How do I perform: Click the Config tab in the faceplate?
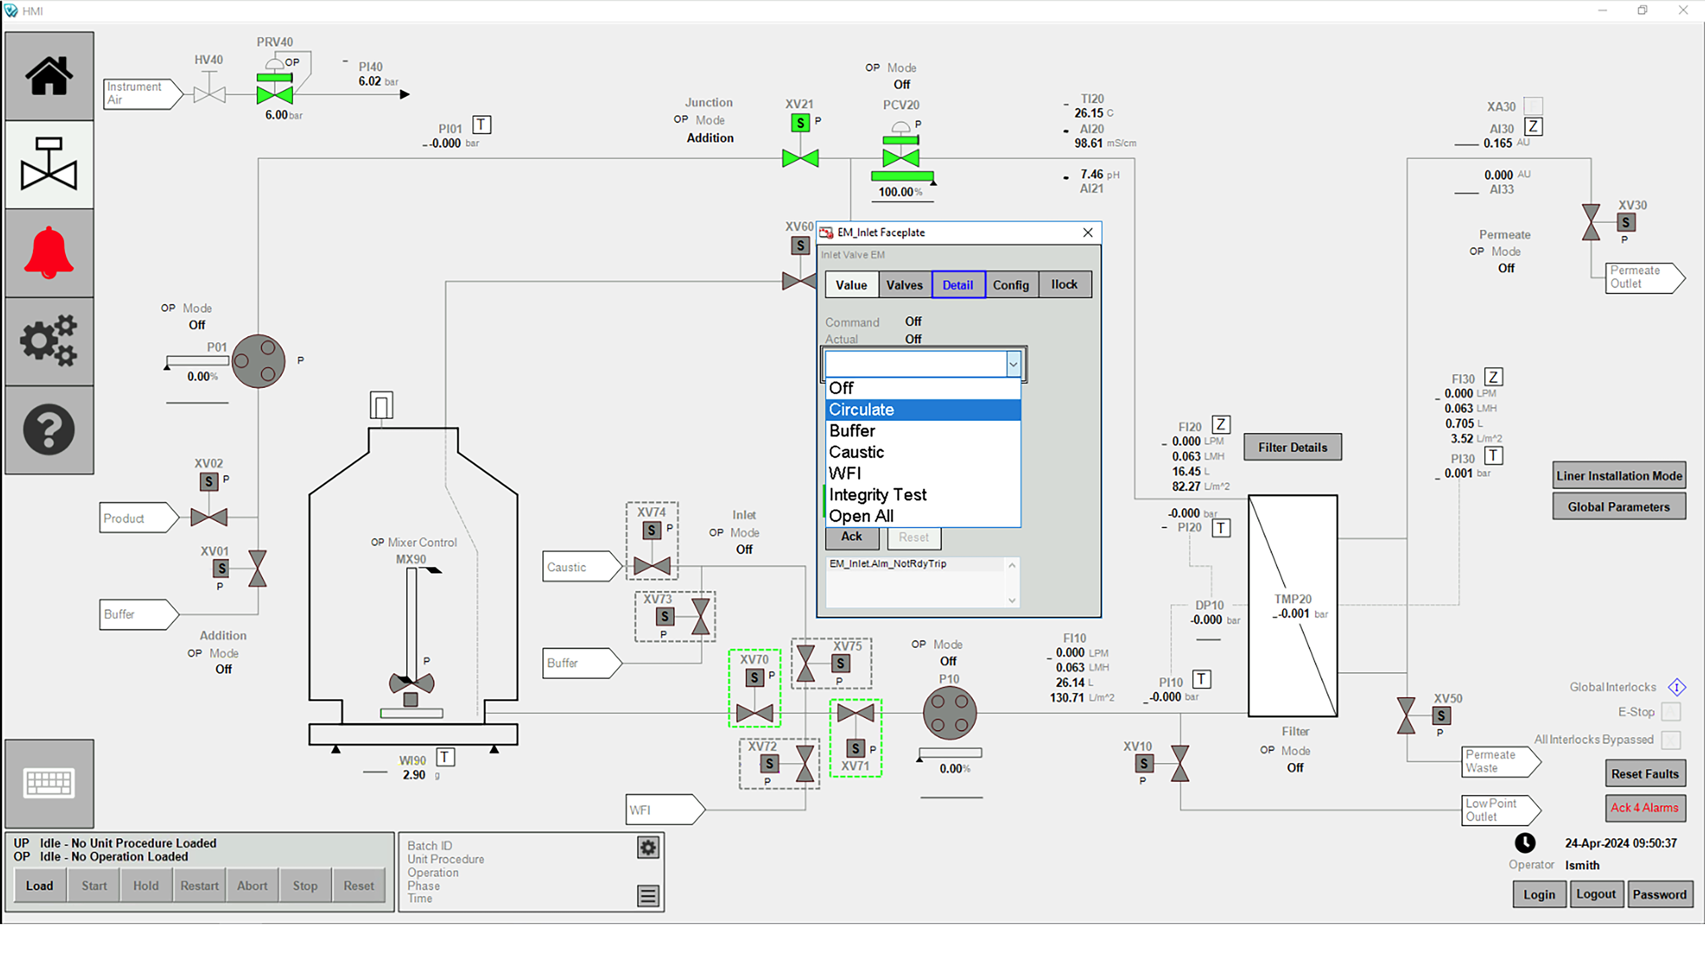1011,285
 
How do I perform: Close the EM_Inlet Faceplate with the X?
1087,232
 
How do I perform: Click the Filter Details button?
1292,448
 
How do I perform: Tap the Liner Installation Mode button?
1618,476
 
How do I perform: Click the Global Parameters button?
1618,507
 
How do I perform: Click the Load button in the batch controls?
40,886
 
